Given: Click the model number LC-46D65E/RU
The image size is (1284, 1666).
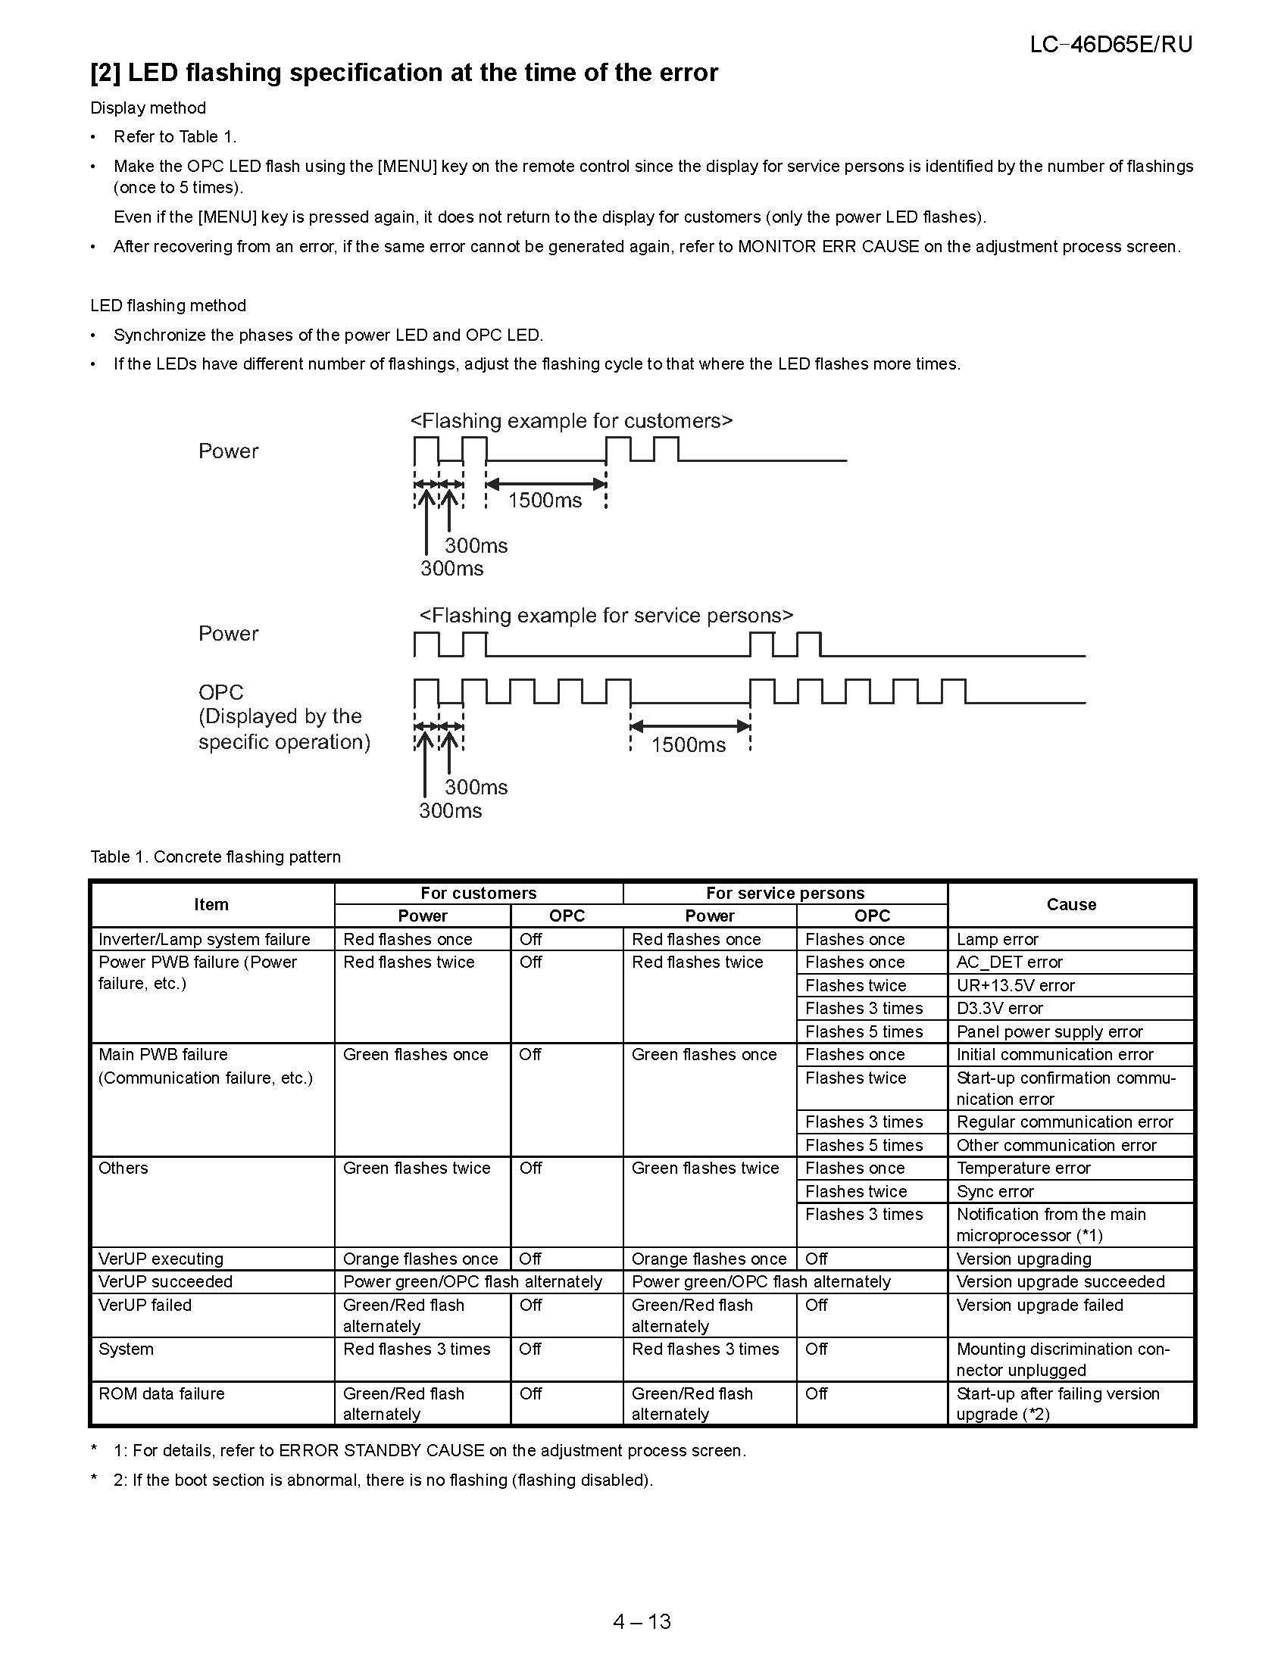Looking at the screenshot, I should [x=1110, y=44].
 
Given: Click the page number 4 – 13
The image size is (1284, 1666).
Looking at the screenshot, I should [x=642, y=1621].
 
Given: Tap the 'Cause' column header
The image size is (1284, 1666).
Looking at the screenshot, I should [x=1070, y=904].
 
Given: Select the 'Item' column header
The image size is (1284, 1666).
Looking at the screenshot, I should [x=211, y=904].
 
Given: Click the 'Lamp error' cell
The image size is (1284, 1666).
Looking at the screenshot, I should [x=997, y=939].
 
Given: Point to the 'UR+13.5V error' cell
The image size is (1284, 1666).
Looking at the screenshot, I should [x=1014, y=984].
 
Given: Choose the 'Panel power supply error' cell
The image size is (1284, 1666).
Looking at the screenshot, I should [x=1049, y=1031].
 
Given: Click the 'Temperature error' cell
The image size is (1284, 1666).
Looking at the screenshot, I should [x=1023, y=1168].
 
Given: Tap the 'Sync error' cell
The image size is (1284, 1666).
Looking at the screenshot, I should [x=995, y=1190].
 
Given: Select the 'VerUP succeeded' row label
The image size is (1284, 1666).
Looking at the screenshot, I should [x=166, y=1281].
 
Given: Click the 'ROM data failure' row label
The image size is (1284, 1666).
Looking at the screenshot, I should [x=162, y=1393].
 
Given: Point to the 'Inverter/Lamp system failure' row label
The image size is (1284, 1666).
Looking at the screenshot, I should [x=205, y=939].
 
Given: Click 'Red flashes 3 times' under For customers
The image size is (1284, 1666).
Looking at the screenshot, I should [x=417, y=1349].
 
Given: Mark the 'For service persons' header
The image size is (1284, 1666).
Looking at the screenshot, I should [x=784, y=893].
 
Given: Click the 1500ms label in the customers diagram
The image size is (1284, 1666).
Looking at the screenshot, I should [x=545, y=501].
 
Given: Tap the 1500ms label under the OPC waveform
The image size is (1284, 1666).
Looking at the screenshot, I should [x=688, y=744].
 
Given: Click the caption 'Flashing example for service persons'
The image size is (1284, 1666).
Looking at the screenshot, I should [x=607, y=616].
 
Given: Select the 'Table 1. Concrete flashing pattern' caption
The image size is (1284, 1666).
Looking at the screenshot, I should [x=215, y=856].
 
